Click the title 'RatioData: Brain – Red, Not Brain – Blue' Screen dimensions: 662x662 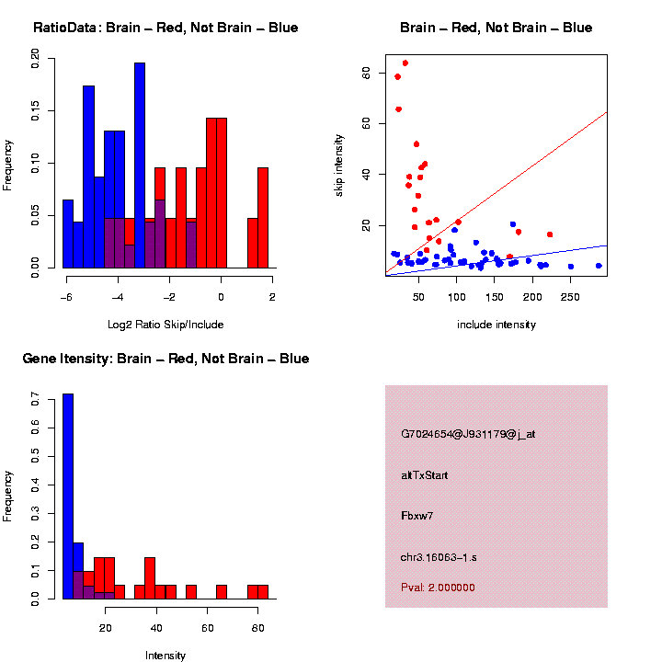coord(165,28)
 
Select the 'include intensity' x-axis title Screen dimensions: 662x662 coord(496,325)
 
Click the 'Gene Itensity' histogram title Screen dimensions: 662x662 coord(165,359)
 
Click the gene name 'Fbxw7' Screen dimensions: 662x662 coord(417,516)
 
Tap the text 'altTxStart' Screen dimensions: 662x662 coord(424,475)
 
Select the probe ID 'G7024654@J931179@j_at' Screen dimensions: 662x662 coord(468,434)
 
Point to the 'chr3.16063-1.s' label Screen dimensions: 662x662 coord(439,557)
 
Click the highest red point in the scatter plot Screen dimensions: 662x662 coord(405,63)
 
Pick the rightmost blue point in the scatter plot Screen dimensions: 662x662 coord(599,266)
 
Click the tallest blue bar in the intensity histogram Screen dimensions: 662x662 coord(68,496)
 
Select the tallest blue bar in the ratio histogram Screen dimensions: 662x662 coord(140,165)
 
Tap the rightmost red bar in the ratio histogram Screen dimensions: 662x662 coord(263,217)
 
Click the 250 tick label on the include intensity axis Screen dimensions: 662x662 coord(571,297)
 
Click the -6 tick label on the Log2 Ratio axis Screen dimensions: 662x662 coord(65,297)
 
